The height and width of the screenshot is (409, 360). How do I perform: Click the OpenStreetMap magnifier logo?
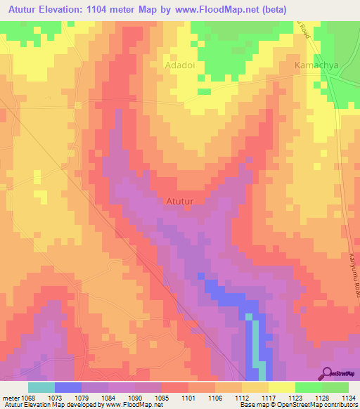327,373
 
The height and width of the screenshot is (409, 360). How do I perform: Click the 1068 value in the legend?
29,397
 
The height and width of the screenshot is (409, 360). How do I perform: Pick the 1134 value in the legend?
348,397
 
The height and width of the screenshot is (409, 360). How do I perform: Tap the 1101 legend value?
188,397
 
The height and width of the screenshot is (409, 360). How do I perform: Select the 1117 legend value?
268,397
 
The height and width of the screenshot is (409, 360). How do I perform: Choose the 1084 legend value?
108,397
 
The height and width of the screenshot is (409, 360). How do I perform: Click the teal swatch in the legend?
41,387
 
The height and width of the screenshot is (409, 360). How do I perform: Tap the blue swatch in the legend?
68,387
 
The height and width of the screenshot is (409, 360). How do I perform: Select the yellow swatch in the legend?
281,387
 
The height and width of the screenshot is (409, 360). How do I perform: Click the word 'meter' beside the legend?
10,397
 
